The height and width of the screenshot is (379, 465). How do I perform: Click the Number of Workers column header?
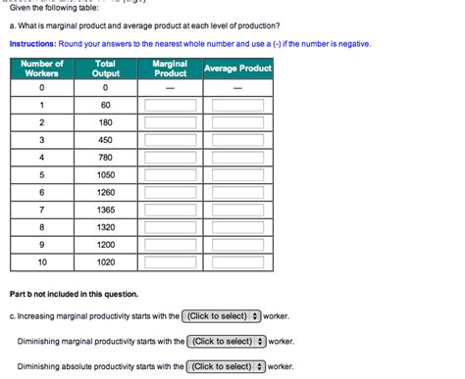pyautogui.click(x=42, y=69)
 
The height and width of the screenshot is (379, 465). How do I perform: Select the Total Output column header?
pyautogui.click(x=106, y=69)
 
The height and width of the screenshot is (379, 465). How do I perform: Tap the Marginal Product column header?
pyautogui.click(x=170, y=69)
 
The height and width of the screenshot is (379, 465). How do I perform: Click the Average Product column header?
pyautogui.click(x=236, y=69)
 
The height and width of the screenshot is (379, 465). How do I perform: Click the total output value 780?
pyautogui.click(x=106, y=157)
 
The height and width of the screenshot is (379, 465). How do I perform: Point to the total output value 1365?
pyautogui.click(x=106, y=210)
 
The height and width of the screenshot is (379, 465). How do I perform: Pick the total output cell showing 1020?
pyautogui.click(x=106, y=262)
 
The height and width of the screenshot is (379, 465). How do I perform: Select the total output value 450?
pyautogui.click(x=106, y=139)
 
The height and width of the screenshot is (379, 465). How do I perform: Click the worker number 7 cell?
pyautogui.click(x=42, y=210)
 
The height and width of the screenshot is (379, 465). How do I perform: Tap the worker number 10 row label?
pyautogui.click(x=42, y=262)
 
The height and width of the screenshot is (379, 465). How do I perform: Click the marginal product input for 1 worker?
pyautogui.click(x=170, y=105)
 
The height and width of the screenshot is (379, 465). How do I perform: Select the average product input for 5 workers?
pyautogui.click(x=236, y=175)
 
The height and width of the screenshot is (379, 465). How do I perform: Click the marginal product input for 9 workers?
pyautogui.click(x=170, y=246)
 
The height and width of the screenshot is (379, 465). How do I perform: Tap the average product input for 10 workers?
pyautogui.click(x=236, y=263)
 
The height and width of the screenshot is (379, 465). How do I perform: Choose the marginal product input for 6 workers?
pyautogui.click(x=170, y=193)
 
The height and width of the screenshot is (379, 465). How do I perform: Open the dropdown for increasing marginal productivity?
pyautogui.click(x=222, y=316)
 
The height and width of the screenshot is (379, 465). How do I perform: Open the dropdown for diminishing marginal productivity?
pyautogui.click(x=227, y=341)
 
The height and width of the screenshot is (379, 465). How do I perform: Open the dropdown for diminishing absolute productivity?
pyautogui.click(x=227, y=365)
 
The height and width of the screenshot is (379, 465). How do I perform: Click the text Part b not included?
pyautogui.click(x=74, y=294)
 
